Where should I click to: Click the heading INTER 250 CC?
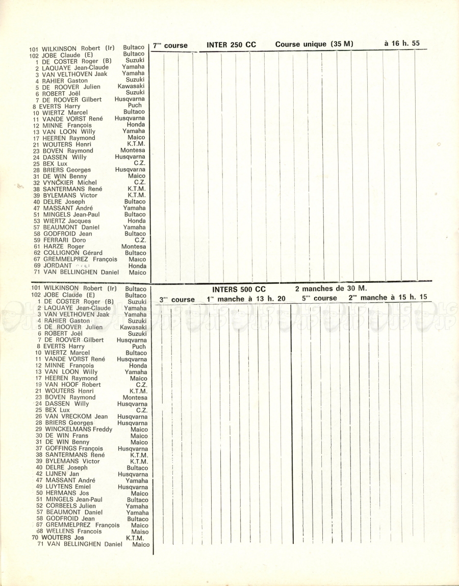tap(231, 45)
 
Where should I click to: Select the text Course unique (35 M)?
tap(314, 44)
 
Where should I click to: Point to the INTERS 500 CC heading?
tap(239, 289)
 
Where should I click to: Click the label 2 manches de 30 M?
tap(330, 288)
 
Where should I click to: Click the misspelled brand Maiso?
tap(140, 531)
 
